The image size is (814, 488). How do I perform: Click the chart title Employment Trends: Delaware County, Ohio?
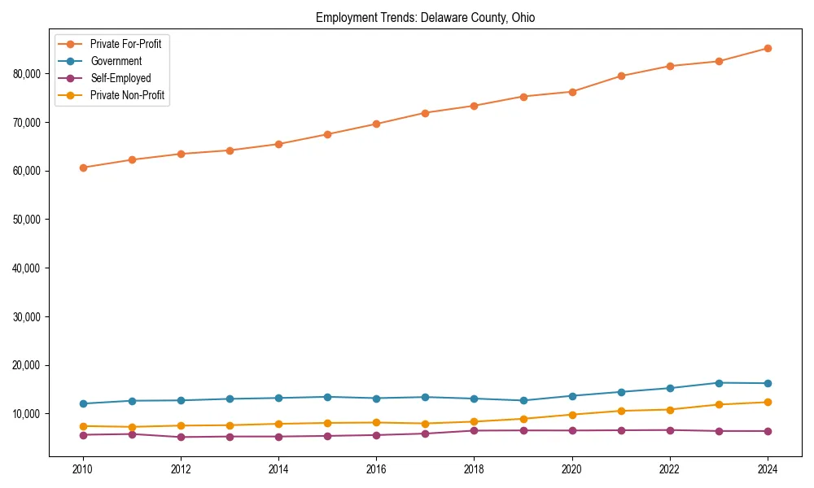click(425, 17)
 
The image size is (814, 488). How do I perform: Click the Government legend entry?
click(116, 61)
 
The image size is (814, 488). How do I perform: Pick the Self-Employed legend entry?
click(120, 78)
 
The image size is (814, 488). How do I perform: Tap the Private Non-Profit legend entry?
click(127, 95)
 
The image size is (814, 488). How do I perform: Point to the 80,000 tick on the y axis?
click(29, 73)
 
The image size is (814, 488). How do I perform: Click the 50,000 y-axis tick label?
click(29, 220)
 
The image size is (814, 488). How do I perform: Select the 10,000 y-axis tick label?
click(29, 414)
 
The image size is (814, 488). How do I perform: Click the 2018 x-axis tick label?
click(474, 469)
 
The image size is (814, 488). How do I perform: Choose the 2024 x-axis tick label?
click(768, 469)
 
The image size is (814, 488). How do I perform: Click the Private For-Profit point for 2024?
click(768, 48)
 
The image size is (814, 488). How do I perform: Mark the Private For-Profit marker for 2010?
click(83, 168)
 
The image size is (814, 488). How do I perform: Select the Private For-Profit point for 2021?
click(621, 76)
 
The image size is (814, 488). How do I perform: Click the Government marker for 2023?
click(719, 382)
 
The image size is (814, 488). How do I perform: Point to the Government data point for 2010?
click(83, 403)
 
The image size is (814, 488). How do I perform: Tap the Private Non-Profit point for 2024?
click(768, 402)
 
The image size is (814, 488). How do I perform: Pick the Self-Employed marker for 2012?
click(181, 437)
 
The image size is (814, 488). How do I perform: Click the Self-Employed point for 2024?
click(768, 431)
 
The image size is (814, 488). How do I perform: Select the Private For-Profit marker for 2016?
click(376, 124)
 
